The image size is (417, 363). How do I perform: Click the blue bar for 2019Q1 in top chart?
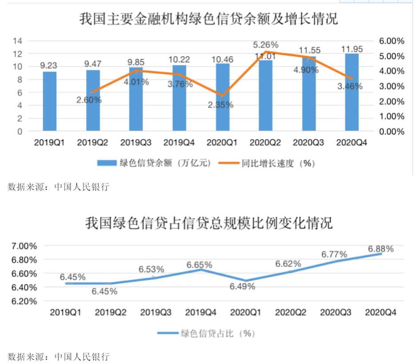tap(50, 101)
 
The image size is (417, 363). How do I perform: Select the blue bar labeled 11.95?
tap(352, 93)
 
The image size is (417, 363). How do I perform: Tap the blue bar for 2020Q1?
tap(222, 97)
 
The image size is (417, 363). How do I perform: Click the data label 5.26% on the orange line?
tap(265, 45)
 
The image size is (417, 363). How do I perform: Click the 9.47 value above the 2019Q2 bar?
tap(93, 64)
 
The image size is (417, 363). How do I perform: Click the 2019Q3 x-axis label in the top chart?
tap(136, 143)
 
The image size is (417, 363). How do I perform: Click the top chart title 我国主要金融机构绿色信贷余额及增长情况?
tap(208, 20)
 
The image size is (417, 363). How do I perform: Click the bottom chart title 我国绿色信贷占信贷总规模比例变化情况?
tap(208, 223)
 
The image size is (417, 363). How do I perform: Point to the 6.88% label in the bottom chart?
tap(381, 249)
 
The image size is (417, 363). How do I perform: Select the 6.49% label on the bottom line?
tap(242, 287)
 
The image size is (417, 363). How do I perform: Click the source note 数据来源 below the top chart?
tap(58, 187)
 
